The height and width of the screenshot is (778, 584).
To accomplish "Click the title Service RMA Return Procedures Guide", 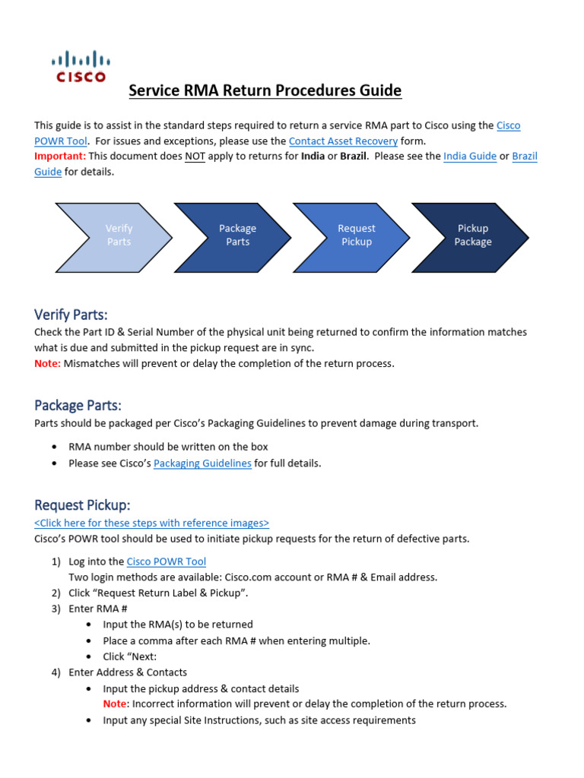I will tap(265, 91).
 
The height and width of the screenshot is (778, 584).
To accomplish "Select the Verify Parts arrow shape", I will tap(113, 236).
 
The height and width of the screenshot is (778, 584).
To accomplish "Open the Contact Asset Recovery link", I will tap(343, 141).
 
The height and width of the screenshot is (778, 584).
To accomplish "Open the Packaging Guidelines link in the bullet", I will tap(202, 463).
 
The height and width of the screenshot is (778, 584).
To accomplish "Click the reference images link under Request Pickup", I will tap(152, 523).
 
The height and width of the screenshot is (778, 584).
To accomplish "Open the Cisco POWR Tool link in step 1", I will tap(166, 561).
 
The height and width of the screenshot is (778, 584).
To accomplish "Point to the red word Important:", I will tap(60, 156).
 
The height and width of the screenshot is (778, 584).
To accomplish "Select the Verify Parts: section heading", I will tap(71, 315).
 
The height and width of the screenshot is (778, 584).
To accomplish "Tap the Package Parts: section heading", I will tap(78, 405).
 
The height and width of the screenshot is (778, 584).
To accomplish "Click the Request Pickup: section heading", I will tap(82, 505).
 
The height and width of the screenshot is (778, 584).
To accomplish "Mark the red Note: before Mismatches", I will tap(47, 363).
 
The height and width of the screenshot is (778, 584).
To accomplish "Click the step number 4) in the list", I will tap(56, 672).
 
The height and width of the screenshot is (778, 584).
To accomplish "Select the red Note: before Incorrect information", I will tap(116, 704).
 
